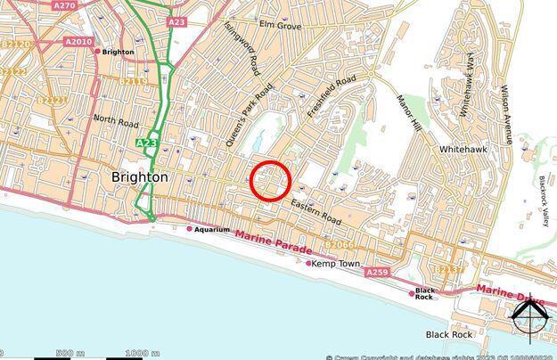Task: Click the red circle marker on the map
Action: pyautogui.click(x=270, y=180)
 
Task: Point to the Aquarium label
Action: pyautogui.click(x=213, y=229)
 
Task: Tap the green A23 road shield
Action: pyautogui.click(x=147, y=143)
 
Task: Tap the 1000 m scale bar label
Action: pyautogui.click(x=138, y=355)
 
